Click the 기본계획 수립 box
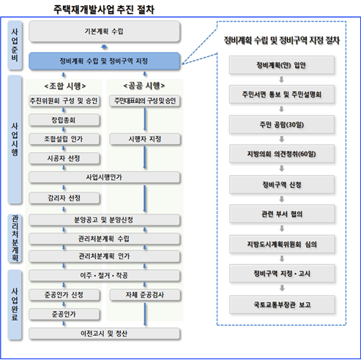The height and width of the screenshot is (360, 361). pos(104,31)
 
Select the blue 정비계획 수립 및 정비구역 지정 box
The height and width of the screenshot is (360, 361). pos(104,61)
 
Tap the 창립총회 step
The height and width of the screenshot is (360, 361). pos(64,120)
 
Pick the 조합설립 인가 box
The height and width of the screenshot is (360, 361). pos(64,139)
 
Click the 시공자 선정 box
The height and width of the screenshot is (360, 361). pos(64,159)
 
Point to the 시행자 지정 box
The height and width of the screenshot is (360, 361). pos(145,139)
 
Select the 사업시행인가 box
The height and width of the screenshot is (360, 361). pos(104,177)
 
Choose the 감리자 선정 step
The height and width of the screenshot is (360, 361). pos(64,198)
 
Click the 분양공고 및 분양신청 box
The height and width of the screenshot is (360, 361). pos(104,220)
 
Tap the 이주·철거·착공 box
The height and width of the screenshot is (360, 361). pos(104,276)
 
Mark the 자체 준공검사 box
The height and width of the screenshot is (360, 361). pos(145,295)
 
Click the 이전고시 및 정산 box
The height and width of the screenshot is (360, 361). pos(104,334)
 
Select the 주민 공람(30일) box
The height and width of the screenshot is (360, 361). pos(282,124)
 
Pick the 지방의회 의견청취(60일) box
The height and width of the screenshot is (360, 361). pos(282,154)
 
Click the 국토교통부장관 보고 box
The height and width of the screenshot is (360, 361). pos(282,304)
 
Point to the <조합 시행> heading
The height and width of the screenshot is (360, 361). pos(65,86)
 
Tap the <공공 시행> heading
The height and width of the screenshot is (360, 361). pos(144,86)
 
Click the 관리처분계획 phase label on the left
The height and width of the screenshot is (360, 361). pos(15,239)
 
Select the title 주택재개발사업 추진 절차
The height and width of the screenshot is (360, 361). pos(104,10)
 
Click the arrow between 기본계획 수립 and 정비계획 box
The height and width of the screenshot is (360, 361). pos(104,47)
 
